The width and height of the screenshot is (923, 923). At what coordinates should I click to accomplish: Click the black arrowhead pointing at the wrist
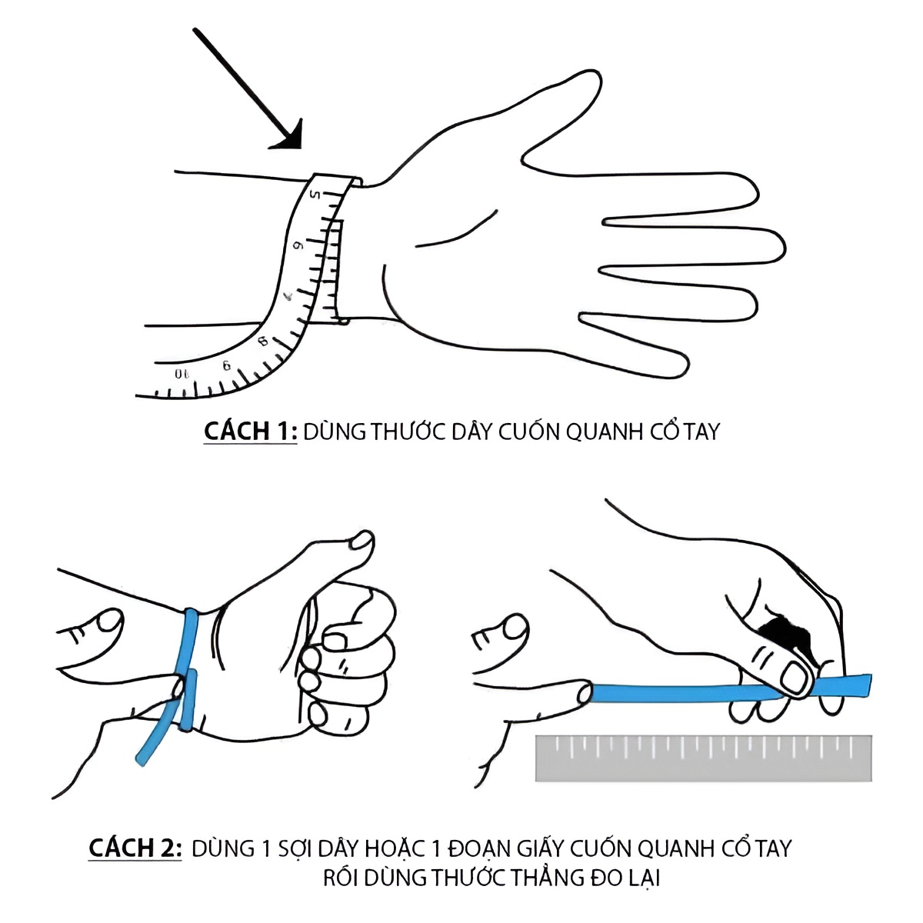pyautogui.click(x=290, y=138)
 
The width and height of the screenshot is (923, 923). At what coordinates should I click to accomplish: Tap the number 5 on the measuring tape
pyautogui.click(x=315, y=195)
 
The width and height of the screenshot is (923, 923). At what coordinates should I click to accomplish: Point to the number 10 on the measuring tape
pyautogui.click(x=181, y=374)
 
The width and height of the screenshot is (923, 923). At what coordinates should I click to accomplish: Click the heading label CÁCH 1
pyautogui.click(x=250, y=431)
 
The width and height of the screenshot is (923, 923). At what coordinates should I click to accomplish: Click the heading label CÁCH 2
pyautogui.click(x=135, y=848)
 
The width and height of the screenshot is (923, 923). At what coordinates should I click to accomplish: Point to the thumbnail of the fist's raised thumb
pyautogui.click(x=362, y=540)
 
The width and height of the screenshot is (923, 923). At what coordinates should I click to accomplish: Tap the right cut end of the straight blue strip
pyautogui.click(x=869, y=685)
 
